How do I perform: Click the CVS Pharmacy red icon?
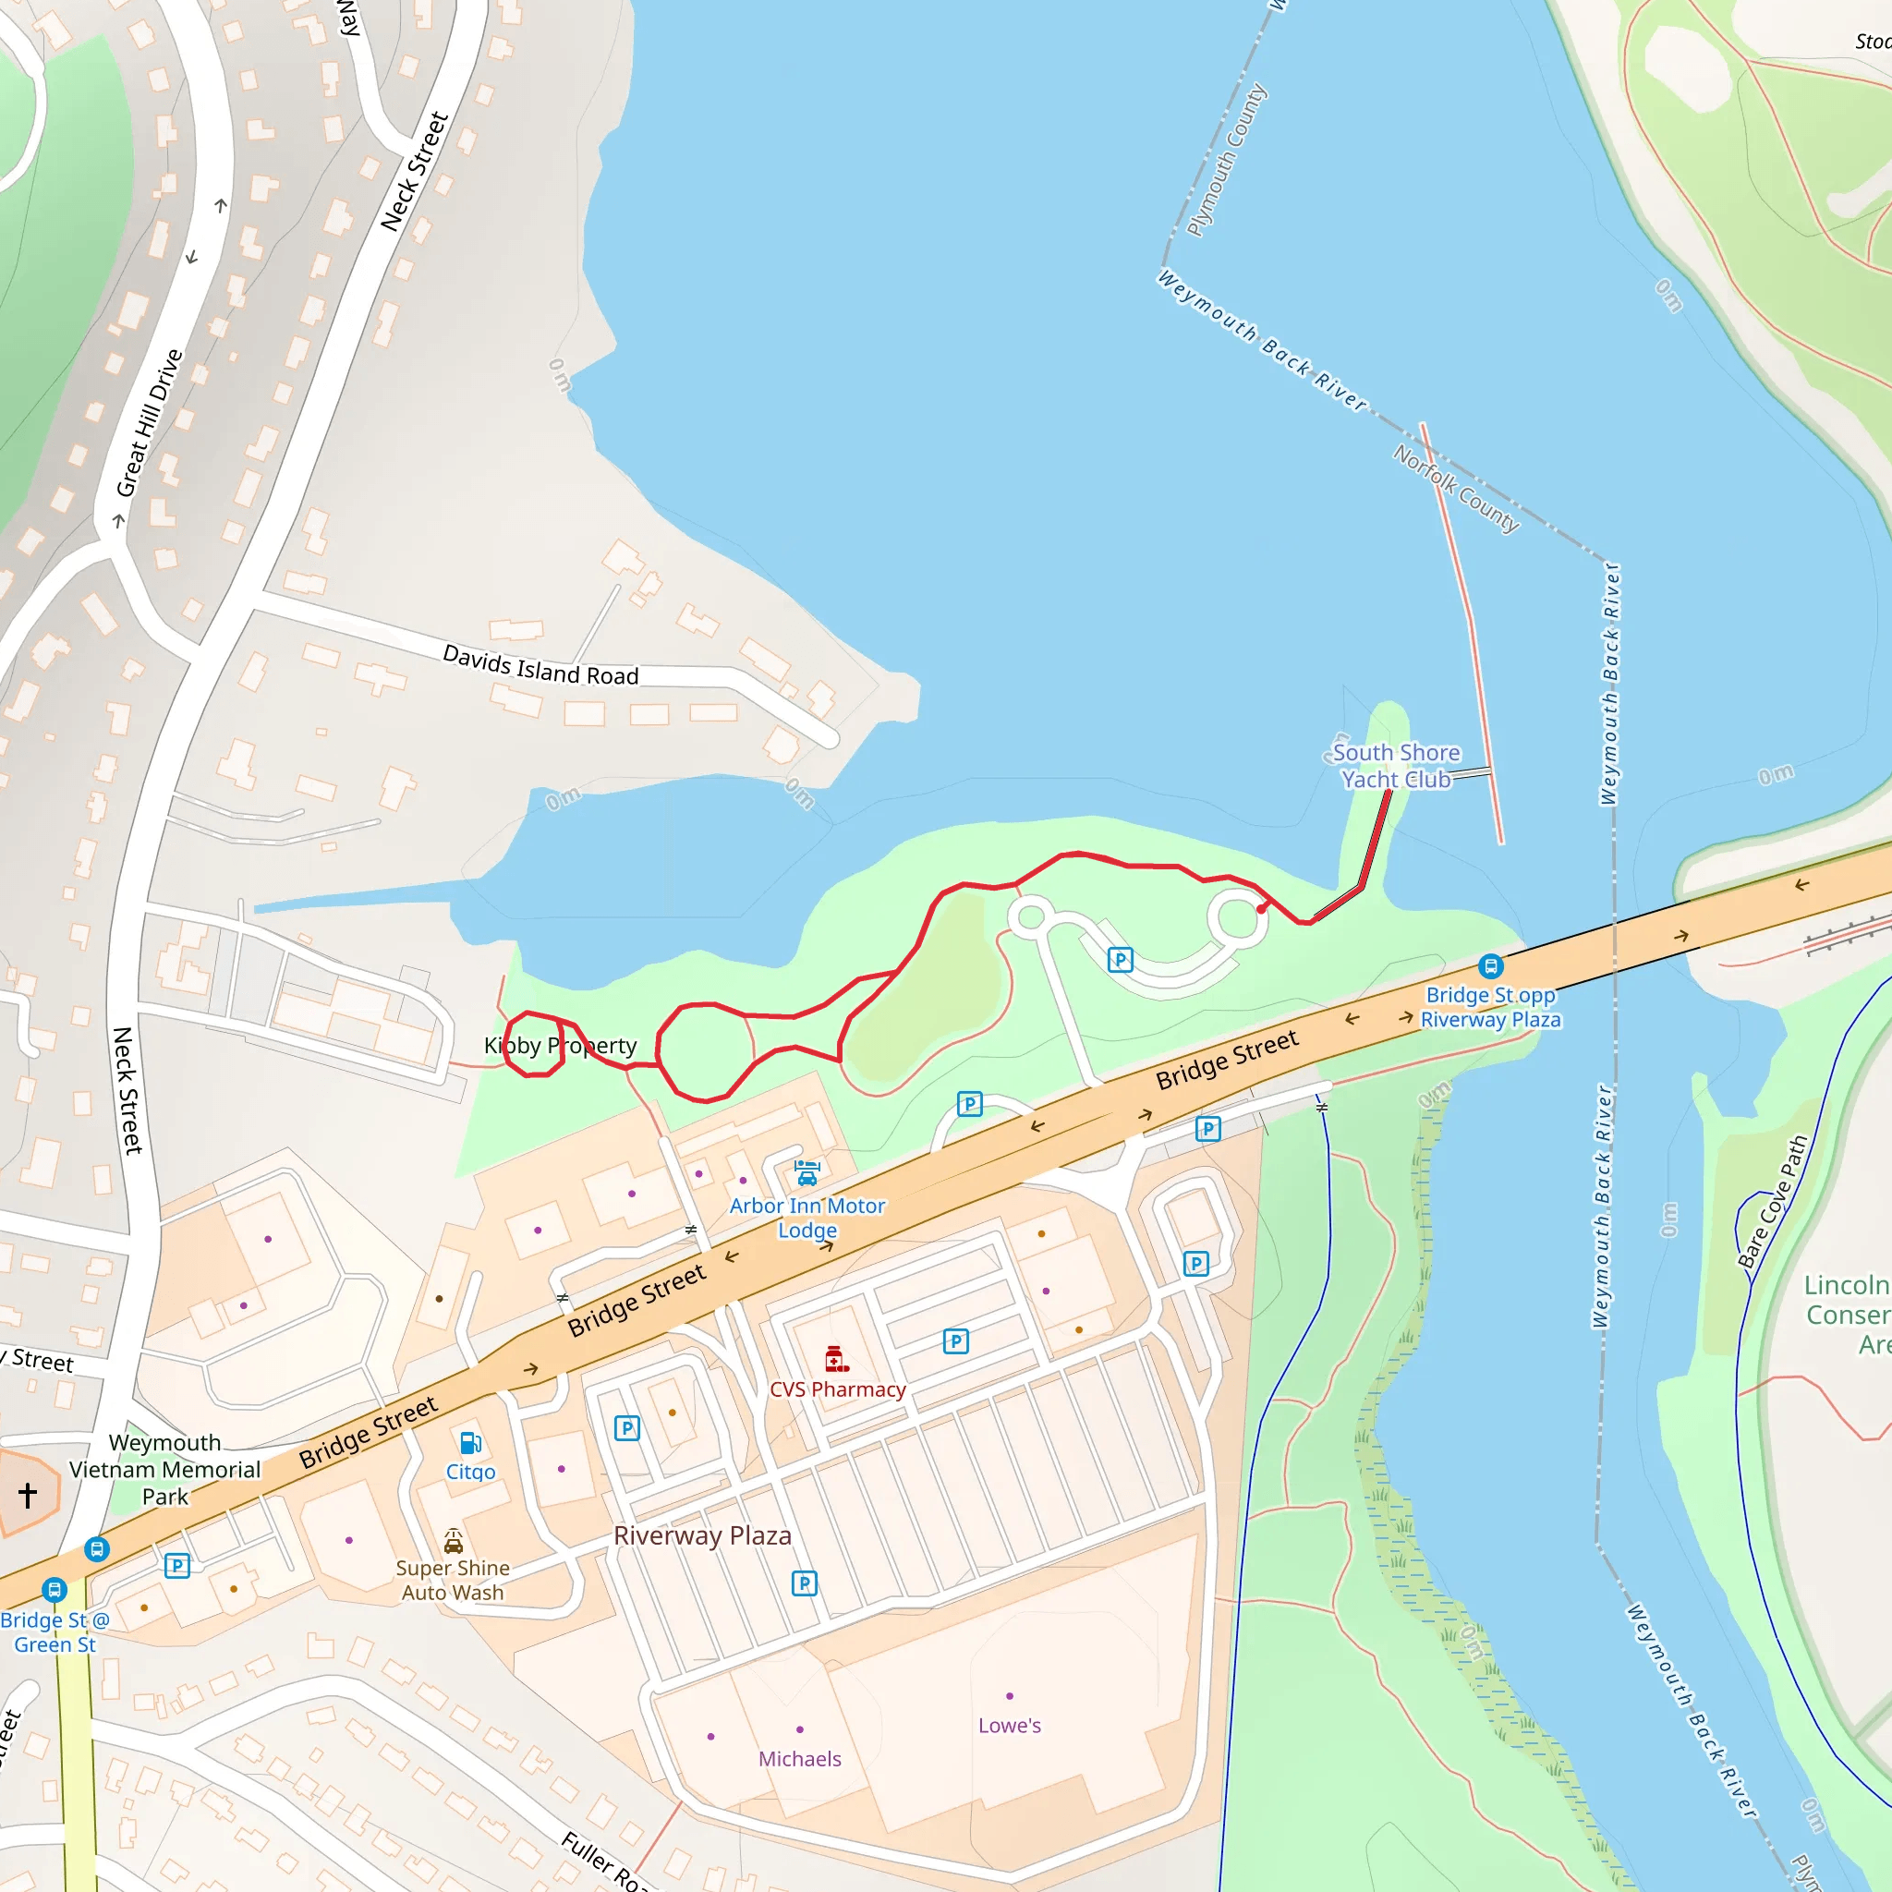click(x=835, y=1359)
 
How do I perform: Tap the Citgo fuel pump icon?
click(x=470, y=1442)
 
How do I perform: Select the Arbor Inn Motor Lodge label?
click(x=807, y=1218)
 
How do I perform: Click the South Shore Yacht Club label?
click(x=1396, y=766)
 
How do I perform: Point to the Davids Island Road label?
click(x=540, y=665)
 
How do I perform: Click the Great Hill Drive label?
click(x=149, y=423)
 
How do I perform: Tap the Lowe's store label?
click(x=1009, y=1726)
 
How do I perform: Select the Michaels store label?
click(x=799, y=1759)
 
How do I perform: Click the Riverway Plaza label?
click(x=702, y=1535)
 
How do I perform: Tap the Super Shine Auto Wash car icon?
click(x=454, y=1543)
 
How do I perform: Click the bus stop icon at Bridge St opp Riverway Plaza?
click(x=1490, y=966)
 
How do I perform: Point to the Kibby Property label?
click(x=560, y=1045)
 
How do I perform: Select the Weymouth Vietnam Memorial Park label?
click(x=164, y=1469)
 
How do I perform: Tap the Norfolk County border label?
click(x=1456, y=488)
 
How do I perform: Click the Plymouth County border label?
click(x=1226, y=160)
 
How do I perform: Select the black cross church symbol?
click(x=28, y=1495)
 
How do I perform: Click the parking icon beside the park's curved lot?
click(x=1121, y=960)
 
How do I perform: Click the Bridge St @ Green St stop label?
click(x=54, y=1631)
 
